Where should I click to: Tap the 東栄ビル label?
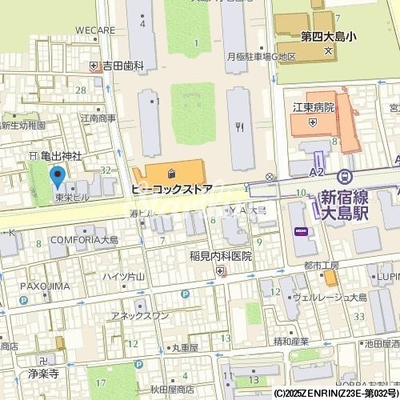(72, 196)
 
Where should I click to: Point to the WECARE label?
(96, 30)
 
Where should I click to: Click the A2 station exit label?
(317, 171)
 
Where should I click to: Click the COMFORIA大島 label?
(84, 239)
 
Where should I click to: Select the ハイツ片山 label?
(123, 277)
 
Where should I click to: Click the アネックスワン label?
(140, 315)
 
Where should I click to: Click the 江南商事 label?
(98, 118)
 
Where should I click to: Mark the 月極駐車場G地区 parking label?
(262, 57)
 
